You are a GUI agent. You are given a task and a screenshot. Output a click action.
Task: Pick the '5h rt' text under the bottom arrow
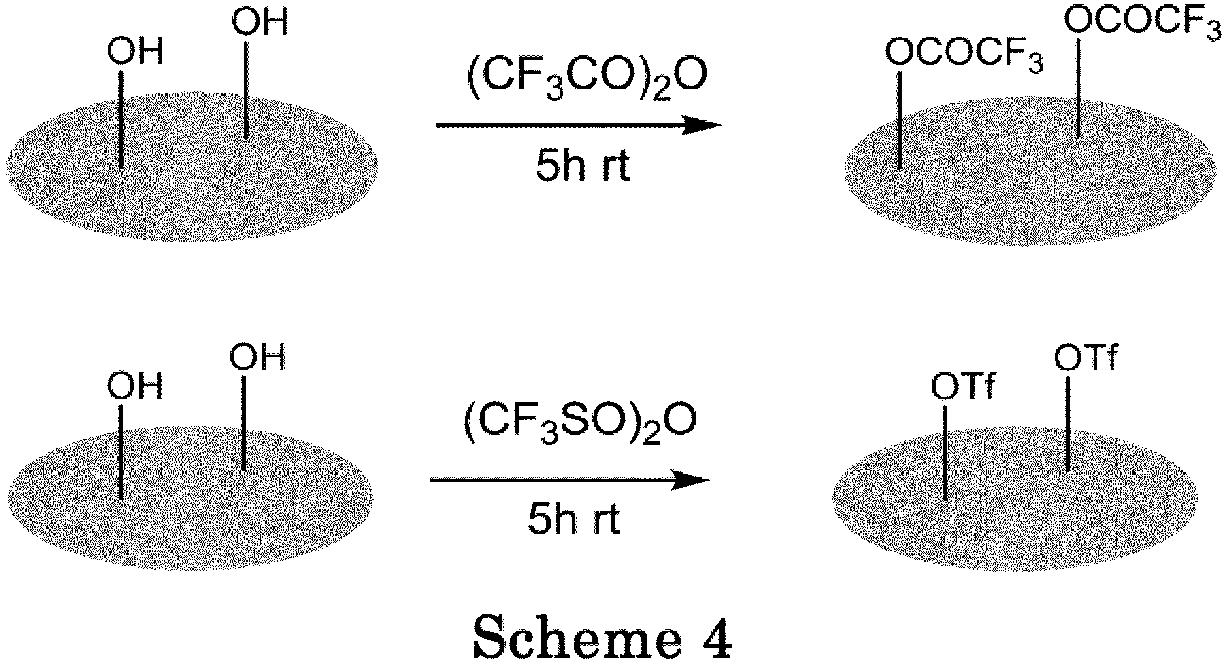[574, 520]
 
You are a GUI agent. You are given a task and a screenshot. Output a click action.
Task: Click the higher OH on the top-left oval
[259, 22]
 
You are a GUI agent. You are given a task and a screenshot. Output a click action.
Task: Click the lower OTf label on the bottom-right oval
[963, 387]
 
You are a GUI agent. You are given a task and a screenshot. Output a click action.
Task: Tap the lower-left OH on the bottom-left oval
[135, 385]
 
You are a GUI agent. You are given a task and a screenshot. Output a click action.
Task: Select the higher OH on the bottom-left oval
[257, 357]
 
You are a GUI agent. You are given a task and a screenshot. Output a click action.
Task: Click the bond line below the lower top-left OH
[122, 120]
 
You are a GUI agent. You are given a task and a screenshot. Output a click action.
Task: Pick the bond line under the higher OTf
[1068, 423]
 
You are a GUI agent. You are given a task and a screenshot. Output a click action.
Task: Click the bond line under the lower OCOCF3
[900, 120]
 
